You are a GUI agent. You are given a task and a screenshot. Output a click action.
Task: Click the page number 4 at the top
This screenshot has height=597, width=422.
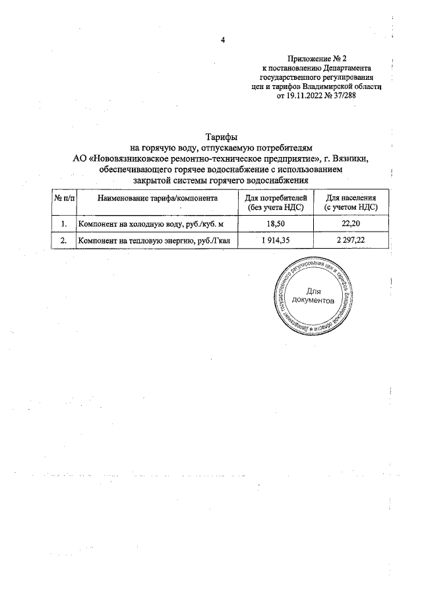223,40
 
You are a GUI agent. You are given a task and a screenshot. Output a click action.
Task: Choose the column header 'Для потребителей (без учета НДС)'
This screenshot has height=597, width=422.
276,203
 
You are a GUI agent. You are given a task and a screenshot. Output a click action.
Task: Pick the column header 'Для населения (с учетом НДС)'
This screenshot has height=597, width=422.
350,203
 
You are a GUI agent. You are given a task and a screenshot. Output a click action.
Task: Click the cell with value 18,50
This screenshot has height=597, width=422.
276,225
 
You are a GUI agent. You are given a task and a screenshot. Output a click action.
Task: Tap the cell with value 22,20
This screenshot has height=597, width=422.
350,225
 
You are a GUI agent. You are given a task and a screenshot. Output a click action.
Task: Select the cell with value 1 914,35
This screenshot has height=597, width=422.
276,241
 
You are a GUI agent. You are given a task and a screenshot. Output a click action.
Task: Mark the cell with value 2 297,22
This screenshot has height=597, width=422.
350,241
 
